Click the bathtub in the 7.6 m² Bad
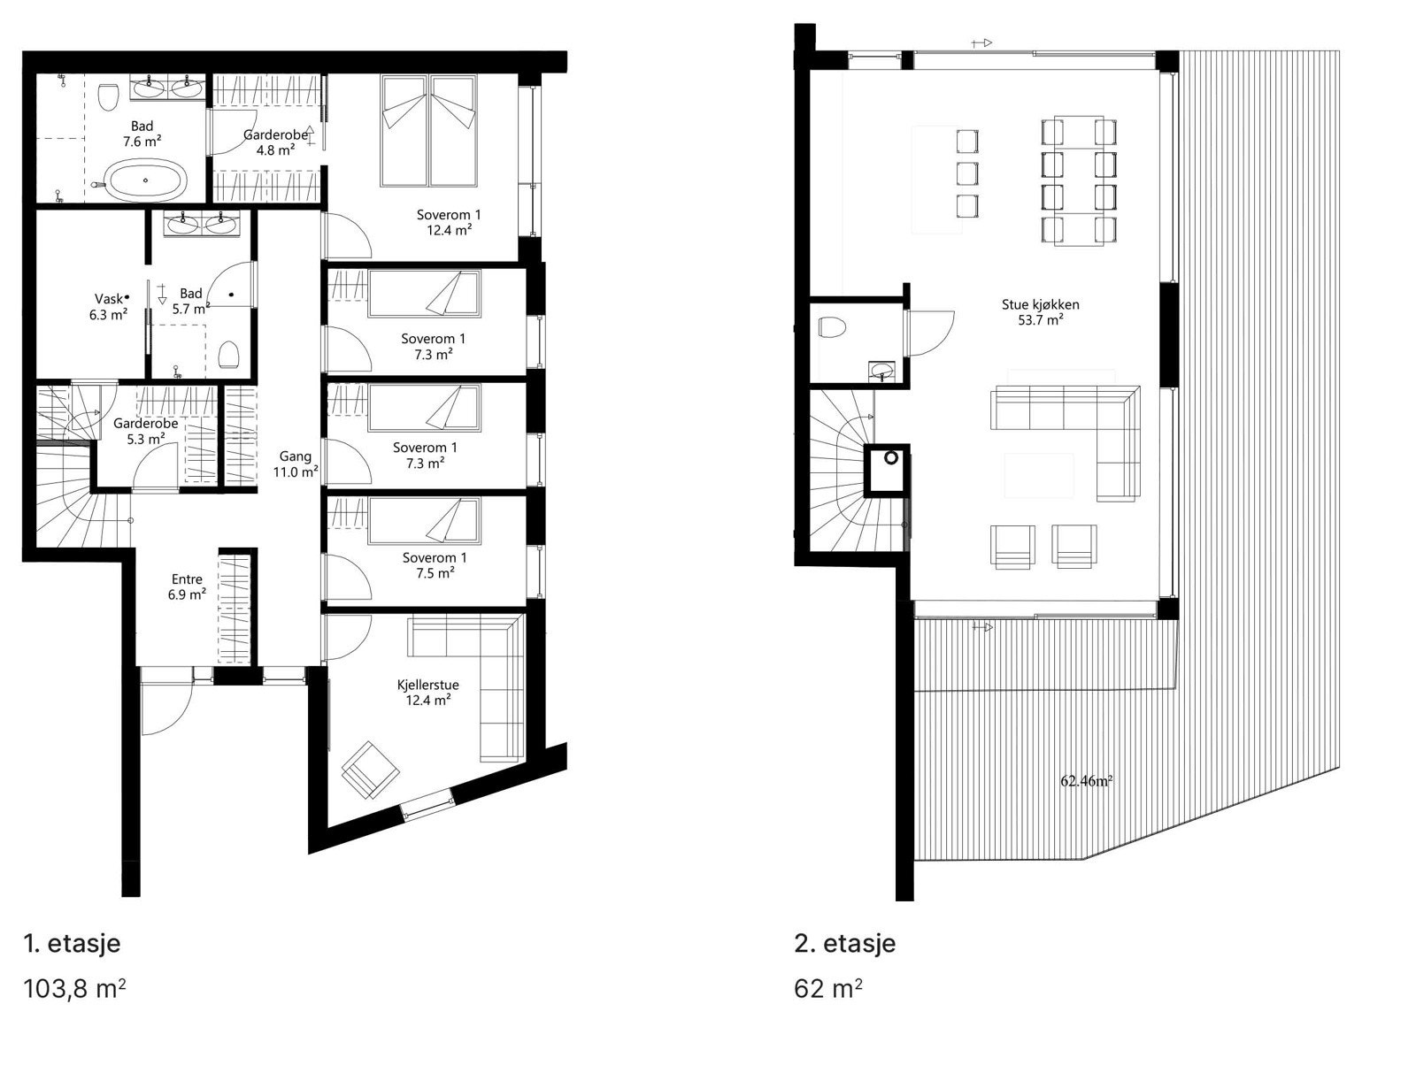click(146, 181)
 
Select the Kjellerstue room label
click(427, 685)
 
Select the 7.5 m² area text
click(434, 572)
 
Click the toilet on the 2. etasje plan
click(832, 329)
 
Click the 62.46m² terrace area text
click(1086, 781)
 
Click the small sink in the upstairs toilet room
click(881, 370)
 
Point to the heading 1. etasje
click(72, 943)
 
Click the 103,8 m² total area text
click(74, 988)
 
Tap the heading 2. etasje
click(845, 943)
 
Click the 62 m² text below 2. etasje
click(828, 988)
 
